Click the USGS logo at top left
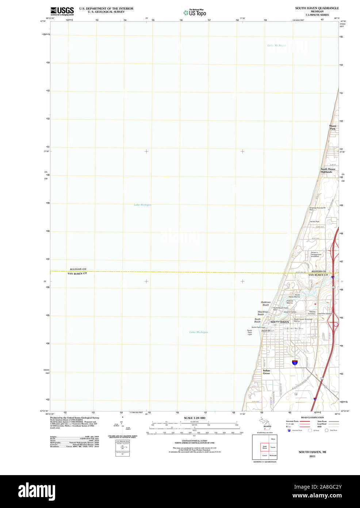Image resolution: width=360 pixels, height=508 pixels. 62,11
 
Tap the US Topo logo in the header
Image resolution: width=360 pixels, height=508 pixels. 195,13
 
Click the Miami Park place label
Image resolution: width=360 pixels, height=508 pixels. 333,127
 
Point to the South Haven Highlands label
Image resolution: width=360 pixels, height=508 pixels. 328,170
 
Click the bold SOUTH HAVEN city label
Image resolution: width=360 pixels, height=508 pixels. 279,322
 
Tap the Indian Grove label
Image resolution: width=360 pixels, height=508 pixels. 267,372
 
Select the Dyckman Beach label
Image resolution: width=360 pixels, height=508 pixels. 265,303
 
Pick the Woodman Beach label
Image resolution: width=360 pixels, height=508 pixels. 263,313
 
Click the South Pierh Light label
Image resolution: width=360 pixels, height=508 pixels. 250,332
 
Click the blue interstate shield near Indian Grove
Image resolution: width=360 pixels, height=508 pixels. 295,363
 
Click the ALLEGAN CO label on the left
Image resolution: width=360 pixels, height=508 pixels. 78,269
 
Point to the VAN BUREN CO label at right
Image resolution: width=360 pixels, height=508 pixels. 318,275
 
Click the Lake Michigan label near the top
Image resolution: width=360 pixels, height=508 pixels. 276,45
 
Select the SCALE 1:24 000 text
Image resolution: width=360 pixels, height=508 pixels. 194,418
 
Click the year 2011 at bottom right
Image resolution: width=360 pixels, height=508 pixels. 312,456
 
